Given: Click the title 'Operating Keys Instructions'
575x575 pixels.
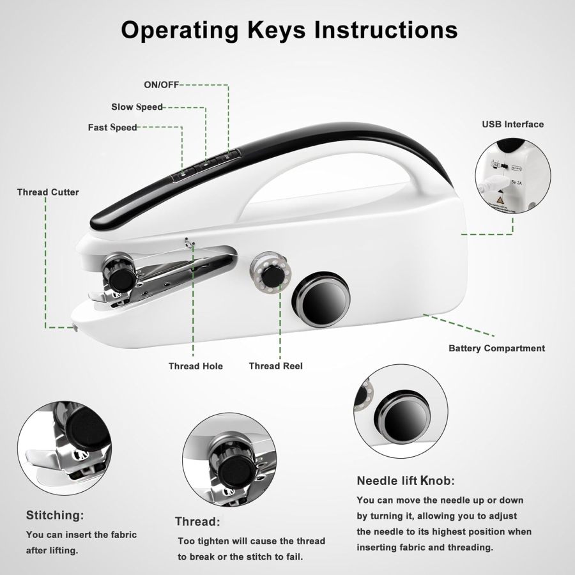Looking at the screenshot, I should click(289, 29).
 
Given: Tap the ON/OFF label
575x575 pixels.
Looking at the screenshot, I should click(161, 85).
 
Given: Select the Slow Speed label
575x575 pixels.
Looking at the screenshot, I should click(137, 107).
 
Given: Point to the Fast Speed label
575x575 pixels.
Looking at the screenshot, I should click(112, 127).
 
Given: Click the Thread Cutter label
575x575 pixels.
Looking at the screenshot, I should click(48, 192).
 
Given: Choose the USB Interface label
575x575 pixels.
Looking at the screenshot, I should click(512, 124).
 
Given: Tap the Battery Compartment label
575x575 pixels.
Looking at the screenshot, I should click(496, 348).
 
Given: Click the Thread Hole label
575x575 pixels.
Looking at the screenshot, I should click(195, 366).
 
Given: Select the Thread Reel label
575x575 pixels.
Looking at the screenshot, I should click(275, 366).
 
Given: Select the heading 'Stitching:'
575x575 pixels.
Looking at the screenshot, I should click(54, 515).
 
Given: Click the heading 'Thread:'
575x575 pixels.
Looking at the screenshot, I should click(197, 521).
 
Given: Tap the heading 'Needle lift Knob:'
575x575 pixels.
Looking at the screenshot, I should click(406, 481).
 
